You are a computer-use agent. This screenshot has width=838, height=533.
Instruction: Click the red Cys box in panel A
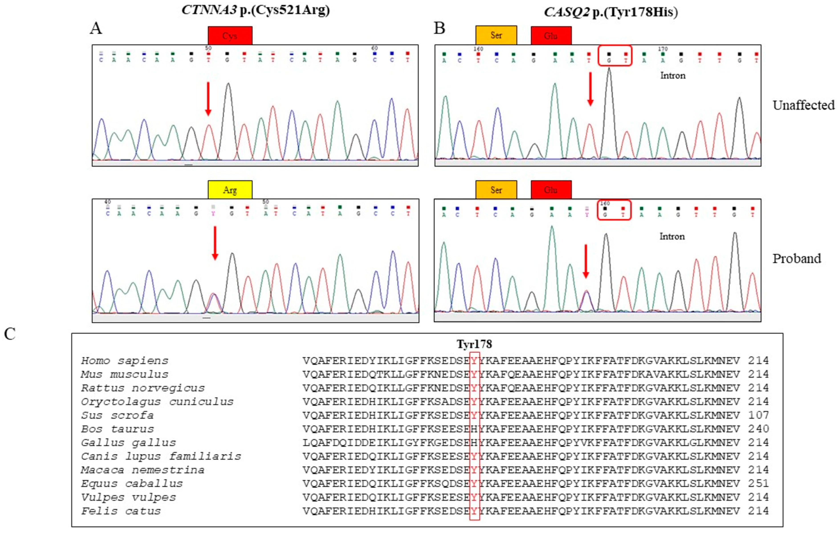click(x=230, y=35)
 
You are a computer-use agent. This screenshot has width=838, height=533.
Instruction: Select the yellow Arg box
click(x=230, y=190)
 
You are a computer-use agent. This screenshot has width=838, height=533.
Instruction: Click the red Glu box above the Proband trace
click(x=551, y=190)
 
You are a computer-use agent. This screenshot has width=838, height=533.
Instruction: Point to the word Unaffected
click(x=803, y=105)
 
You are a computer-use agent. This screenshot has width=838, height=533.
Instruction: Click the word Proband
click(x=797, y=258)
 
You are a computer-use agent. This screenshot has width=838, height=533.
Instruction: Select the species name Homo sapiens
click(x=125, y=361)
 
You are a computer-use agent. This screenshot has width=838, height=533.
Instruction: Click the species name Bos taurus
click(x=117, y=429)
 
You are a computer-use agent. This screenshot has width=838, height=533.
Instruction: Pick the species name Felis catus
click(x=121, y=511)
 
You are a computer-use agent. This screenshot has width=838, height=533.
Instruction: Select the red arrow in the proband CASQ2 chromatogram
click(x=586, y=261)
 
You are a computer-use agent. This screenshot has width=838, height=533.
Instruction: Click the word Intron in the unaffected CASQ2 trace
click(x=673, y=76)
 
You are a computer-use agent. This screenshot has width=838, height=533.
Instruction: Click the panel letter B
click(x=439, y=28)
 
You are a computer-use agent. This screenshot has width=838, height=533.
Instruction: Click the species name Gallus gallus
click(x=128, y=443)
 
